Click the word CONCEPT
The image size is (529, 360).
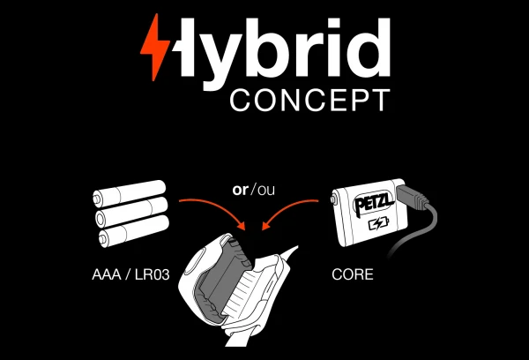[309, 99]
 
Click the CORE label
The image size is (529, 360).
[352, 275]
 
